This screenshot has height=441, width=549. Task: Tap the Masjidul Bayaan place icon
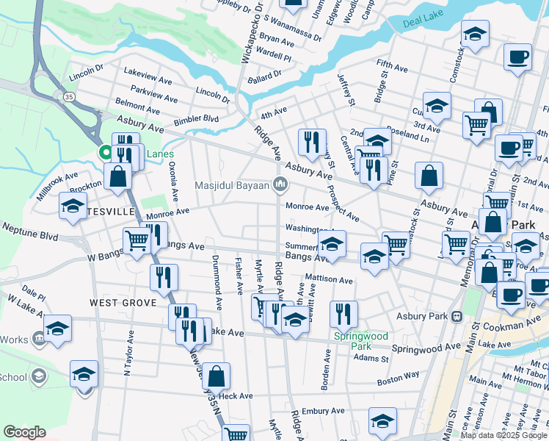(279, 184)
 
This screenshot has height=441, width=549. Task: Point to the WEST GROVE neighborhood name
(123, 303)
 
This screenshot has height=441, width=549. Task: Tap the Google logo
(25, 432)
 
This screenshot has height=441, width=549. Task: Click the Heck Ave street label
(236, 395)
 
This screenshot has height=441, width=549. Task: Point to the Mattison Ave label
(330, 279)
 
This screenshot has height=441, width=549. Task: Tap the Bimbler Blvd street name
(196, 119)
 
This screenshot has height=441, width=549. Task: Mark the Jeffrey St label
(346, 88)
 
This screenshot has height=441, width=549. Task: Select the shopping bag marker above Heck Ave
(216, 376)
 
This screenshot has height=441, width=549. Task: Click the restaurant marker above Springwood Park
(343, 314)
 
